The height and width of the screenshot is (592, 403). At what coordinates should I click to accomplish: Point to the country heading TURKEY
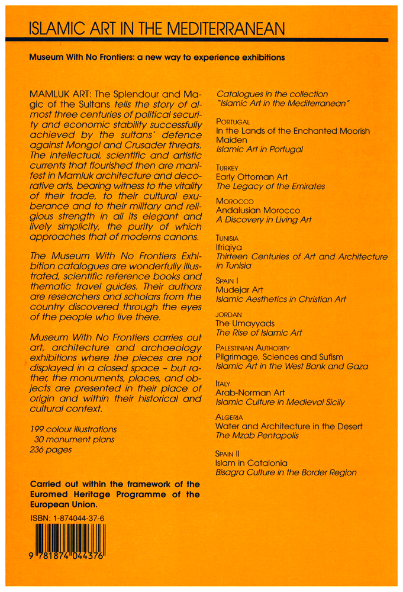coord(227,168)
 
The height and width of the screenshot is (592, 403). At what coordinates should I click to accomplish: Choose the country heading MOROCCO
coord(234,202)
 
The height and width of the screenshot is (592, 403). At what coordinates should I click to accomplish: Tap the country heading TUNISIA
coord(227,238)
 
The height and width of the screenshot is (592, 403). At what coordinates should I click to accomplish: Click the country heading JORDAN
coord(228,315)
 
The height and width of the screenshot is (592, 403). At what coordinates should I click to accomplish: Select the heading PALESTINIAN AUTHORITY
coord(252,348)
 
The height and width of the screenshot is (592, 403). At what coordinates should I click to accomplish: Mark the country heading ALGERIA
coord(229,417)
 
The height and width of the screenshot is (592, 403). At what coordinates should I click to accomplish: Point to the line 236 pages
coord(50,449)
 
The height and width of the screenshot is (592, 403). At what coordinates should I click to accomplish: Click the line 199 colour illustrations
coord(73,429)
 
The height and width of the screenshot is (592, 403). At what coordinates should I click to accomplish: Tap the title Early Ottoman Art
coord(251,177)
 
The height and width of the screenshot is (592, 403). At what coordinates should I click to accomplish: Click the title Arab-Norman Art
coord(250,392)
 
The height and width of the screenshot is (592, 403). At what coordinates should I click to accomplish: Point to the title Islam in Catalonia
coord(252,462)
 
